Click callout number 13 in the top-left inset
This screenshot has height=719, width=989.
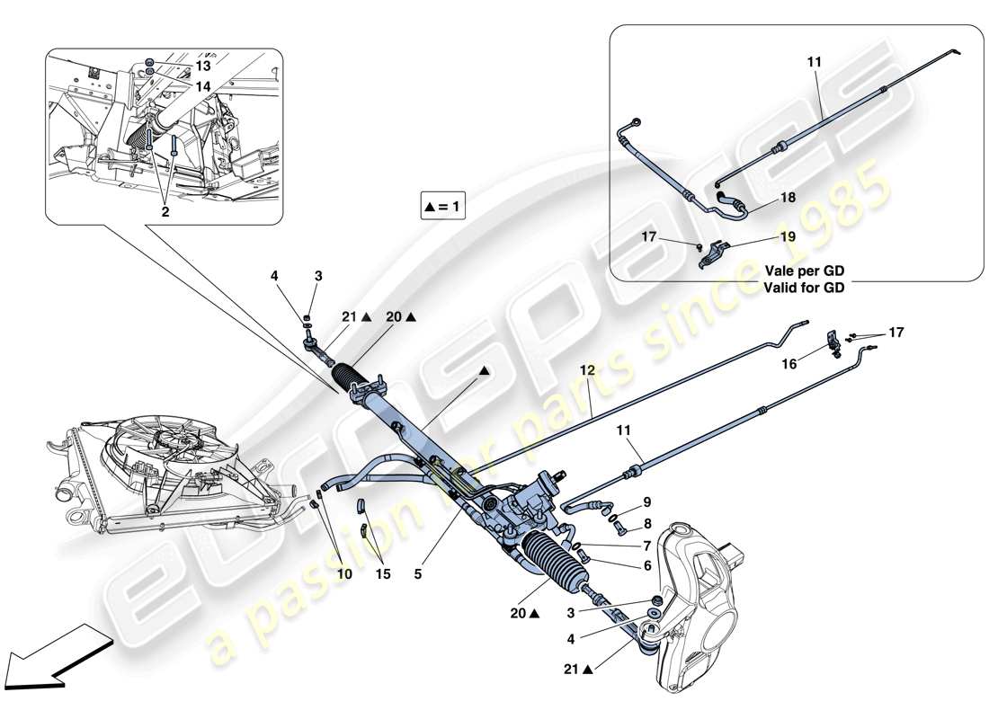[203, 67]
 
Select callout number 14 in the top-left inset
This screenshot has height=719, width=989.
[203, 86]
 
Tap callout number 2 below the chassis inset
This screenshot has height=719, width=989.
[165, 212]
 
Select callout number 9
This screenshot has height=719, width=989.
[646, 502]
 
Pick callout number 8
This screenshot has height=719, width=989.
[646, 522]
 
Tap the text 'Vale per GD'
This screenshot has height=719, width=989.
[805, 271]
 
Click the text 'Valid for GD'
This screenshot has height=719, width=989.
[805, 288]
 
